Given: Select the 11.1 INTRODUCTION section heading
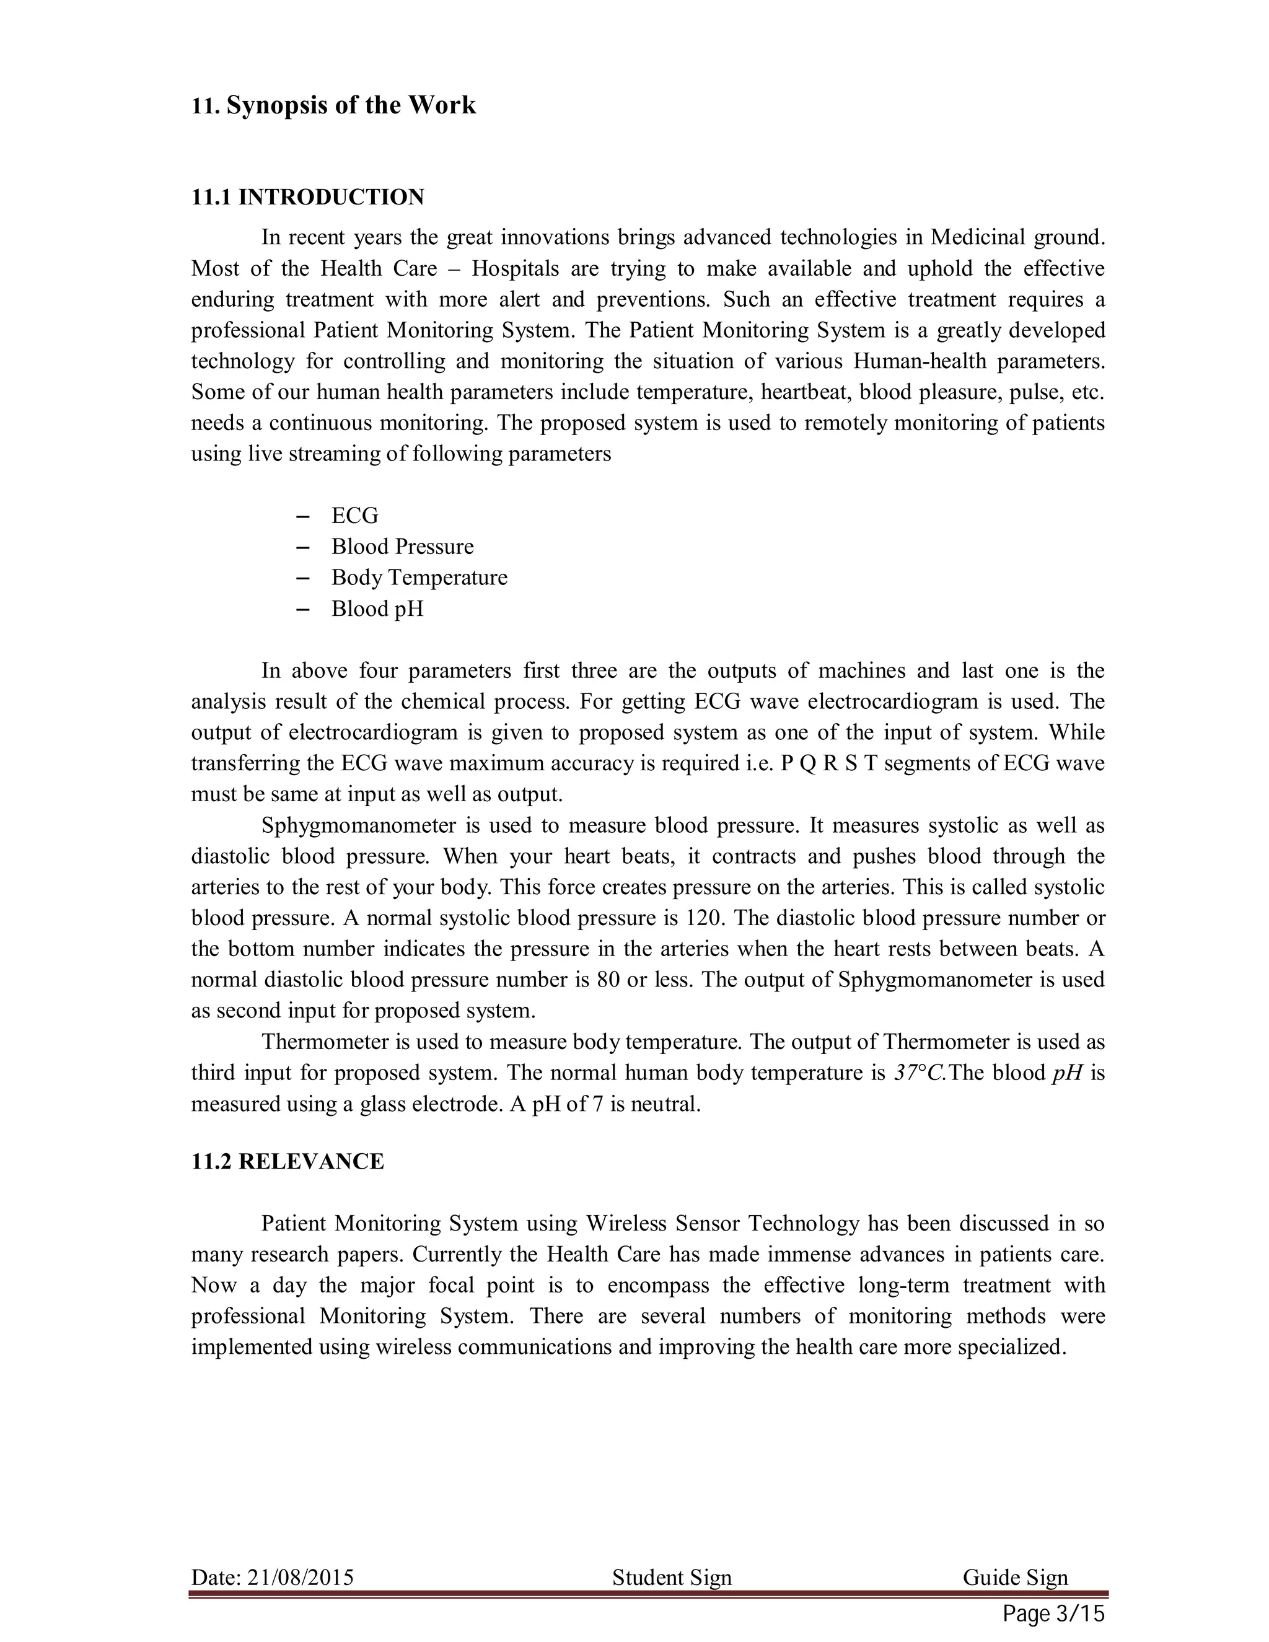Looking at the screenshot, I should tap(307, 197).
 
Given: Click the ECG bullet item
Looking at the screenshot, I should tap(355, 516).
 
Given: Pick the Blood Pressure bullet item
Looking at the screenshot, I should tap(402, 547).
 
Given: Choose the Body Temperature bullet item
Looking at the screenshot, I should tap(419, 577).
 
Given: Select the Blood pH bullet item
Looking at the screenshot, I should tap(377, 608).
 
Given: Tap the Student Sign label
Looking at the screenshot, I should tap(671, 1578).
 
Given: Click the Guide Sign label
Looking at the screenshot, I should tap(1015, 1578).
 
